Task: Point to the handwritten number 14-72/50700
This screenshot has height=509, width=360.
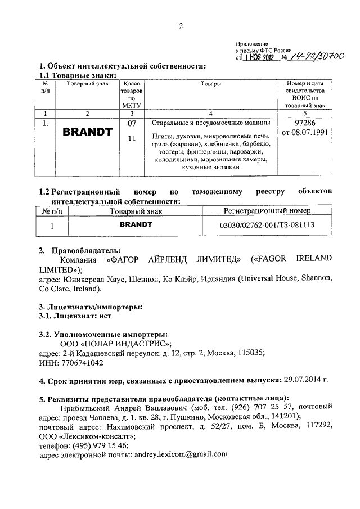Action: (317, 56)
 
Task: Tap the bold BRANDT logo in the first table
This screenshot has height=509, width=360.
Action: (87, 133)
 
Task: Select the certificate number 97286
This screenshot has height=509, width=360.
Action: (304, 123)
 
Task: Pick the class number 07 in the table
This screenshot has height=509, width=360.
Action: (132, 123)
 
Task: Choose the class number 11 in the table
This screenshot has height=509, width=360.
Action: (132, 138)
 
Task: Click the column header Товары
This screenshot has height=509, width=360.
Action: (210, 84)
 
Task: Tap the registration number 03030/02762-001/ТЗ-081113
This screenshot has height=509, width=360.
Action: (267, 225)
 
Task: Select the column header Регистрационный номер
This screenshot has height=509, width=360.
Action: (267, 211)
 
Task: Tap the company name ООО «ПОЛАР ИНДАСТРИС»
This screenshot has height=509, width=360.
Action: (115, 343)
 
